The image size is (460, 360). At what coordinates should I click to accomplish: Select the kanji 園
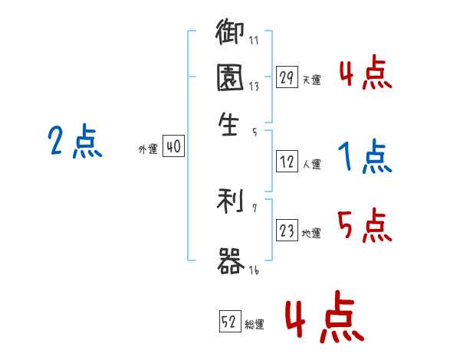229,80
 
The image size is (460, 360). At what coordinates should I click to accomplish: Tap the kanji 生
229,124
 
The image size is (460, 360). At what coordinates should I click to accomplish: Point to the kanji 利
229,202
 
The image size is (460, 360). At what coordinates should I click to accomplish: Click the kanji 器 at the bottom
229,261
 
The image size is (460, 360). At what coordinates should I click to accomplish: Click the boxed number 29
287,77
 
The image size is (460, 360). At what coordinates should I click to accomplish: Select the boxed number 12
287,162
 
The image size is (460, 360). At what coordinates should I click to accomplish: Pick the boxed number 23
287,231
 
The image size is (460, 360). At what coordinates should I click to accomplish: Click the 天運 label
311,80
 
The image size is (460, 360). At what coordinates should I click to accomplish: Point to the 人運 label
311,165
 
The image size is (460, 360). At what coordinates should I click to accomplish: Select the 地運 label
311,234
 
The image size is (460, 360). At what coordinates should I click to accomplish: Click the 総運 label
255,324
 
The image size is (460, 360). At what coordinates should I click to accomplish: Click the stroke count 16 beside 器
254,270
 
